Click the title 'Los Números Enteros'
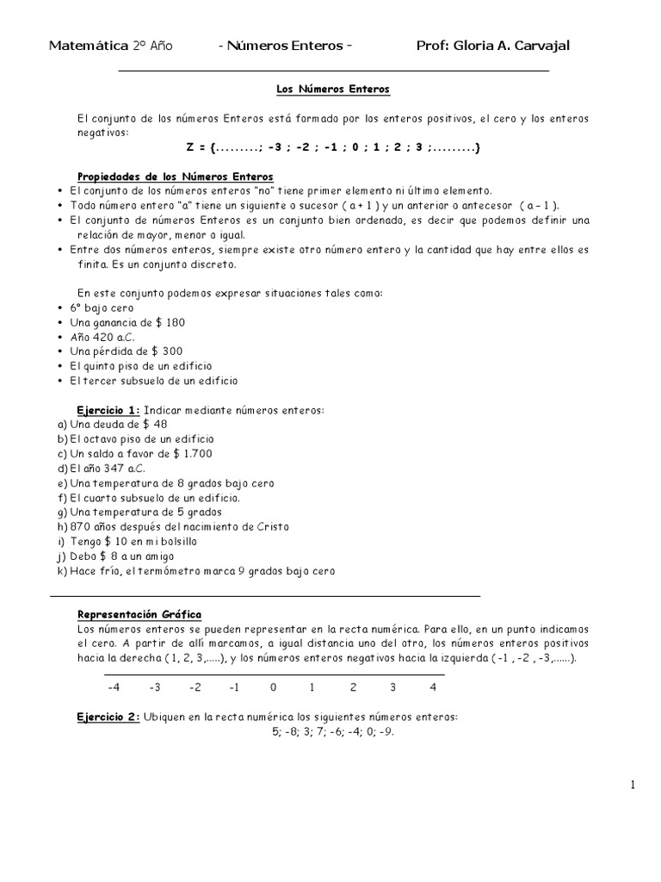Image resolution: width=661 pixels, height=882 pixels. pos(332,89)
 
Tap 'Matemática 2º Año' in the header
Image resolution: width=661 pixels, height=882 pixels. pos(111,46)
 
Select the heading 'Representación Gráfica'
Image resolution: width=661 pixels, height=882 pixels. pos(139,614)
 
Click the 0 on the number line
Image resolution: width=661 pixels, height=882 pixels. pos(273,687)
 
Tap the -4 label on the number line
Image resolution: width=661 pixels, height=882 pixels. pos(113,687)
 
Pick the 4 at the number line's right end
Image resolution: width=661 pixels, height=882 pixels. pos(433,687)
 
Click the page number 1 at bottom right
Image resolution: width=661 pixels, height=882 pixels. pos(633,785)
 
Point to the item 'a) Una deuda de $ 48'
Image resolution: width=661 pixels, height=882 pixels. pos(109,425)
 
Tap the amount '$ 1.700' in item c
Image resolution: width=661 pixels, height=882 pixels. pos(192,454)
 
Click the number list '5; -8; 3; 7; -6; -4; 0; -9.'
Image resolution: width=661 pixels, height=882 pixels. pos(332,731)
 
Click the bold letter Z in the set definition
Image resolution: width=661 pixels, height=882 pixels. pos(190,147)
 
